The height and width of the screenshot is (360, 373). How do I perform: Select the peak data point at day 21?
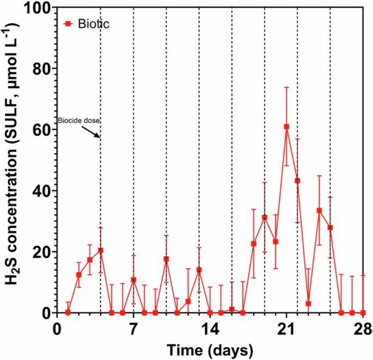(x=286, y=127)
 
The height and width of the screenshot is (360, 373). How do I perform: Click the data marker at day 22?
(x=297, y=181)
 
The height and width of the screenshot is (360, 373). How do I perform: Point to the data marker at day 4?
(x=101, y=250)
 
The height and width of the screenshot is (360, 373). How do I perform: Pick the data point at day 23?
(x=308, y=303)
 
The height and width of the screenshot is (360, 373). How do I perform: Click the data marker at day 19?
(x=265, y=218)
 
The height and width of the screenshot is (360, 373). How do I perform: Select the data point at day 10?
(x=166, y=259)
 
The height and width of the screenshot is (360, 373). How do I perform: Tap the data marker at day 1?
(x=68, y=312)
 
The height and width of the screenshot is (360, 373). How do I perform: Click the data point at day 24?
(x=319, y=210)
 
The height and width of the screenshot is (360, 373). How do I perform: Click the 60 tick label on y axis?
(x=41, y=131)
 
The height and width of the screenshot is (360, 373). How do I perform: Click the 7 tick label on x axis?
(x=133, y=330)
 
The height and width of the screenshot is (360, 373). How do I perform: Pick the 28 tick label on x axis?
(x=363, y=330)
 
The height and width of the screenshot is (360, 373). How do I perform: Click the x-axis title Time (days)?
(x=210, y=349)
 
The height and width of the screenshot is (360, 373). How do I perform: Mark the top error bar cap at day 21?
(x=286, y=87)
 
